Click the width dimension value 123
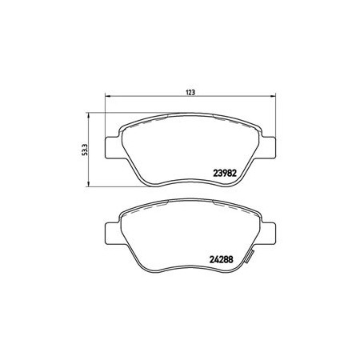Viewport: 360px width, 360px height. [190, 92]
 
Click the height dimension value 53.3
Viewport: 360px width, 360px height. [85, 150]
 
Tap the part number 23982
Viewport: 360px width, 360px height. [225, 174]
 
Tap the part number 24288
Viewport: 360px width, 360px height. [222, 259]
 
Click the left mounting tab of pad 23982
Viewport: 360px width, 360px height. [113, 148]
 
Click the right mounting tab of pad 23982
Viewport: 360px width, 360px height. [269, 148]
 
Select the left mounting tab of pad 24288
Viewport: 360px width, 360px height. [113, 234]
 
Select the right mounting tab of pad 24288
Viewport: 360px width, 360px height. [269, 234]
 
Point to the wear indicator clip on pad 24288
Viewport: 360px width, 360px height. [250, 256]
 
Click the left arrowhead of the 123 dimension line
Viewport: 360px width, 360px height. [108, 96]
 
